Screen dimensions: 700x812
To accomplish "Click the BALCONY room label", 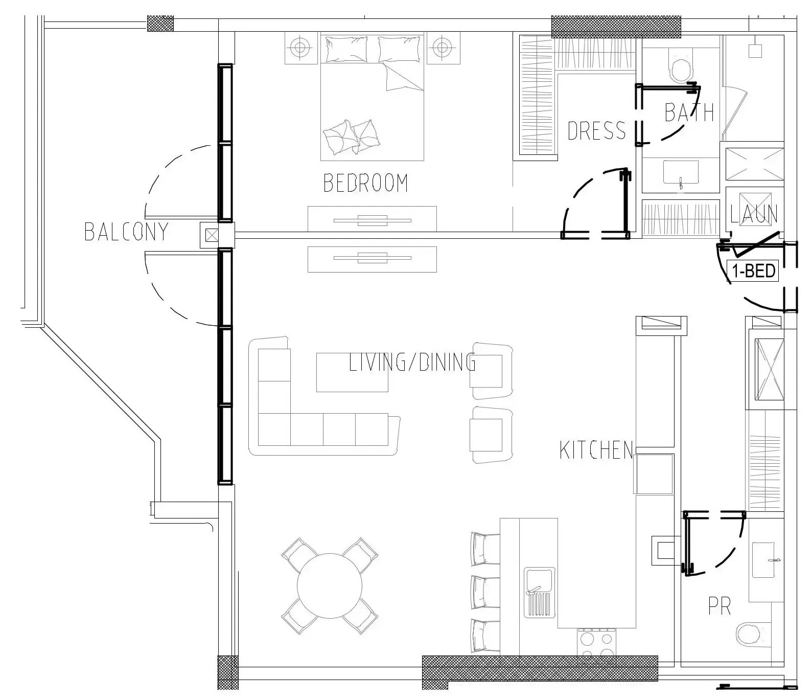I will coord(126,232).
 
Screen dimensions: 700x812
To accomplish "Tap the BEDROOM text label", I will coord(366,183).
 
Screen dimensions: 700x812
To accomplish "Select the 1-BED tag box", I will coord(753,270).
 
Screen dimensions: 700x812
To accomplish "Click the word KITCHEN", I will coord(596,450).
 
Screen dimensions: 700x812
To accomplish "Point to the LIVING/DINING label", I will coord(412,363).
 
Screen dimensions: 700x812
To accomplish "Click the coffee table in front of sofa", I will coord(352,372).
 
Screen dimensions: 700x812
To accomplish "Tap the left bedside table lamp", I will coord(300,48).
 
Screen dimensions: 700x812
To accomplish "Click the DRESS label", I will coord(596,131).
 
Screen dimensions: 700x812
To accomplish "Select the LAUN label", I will coord(753,214).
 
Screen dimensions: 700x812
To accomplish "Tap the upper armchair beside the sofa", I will coord(491,371).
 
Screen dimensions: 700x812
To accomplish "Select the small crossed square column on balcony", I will coord(211,236).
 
